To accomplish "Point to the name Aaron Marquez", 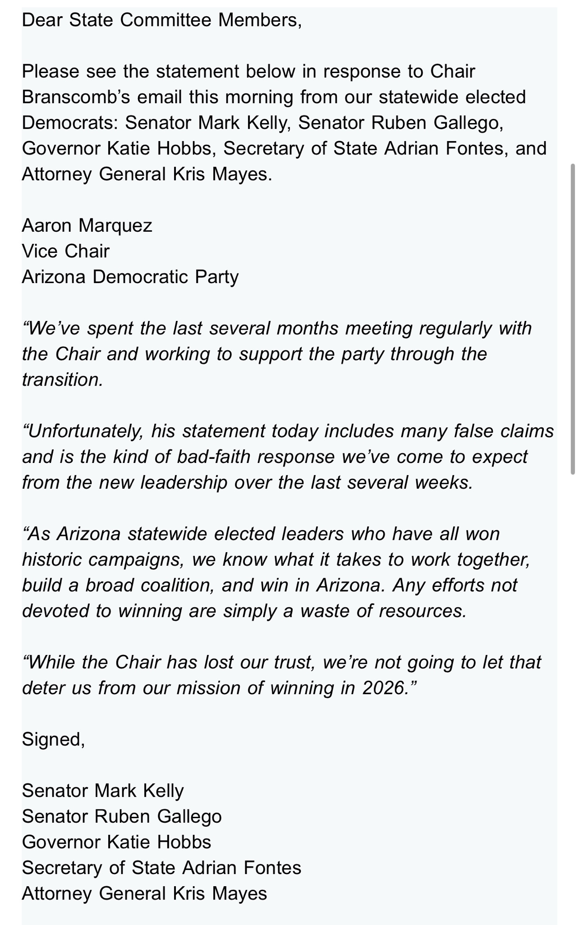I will click(x=87, y=226).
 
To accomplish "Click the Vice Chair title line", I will click(x=66, y=251).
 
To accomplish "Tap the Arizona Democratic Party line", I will click(x=130, y=277).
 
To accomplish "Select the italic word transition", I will click(x=62, y=380).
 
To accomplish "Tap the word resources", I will click(x=422, y=611).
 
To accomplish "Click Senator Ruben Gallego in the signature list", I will click(x=122, y=817).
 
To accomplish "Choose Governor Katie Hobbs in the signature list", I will click(x=116, y=842).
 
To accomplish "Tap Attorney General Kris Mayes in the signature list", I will click(x=144, y=894).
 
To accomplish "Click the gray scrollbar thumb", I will click(x=573, y=319).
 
